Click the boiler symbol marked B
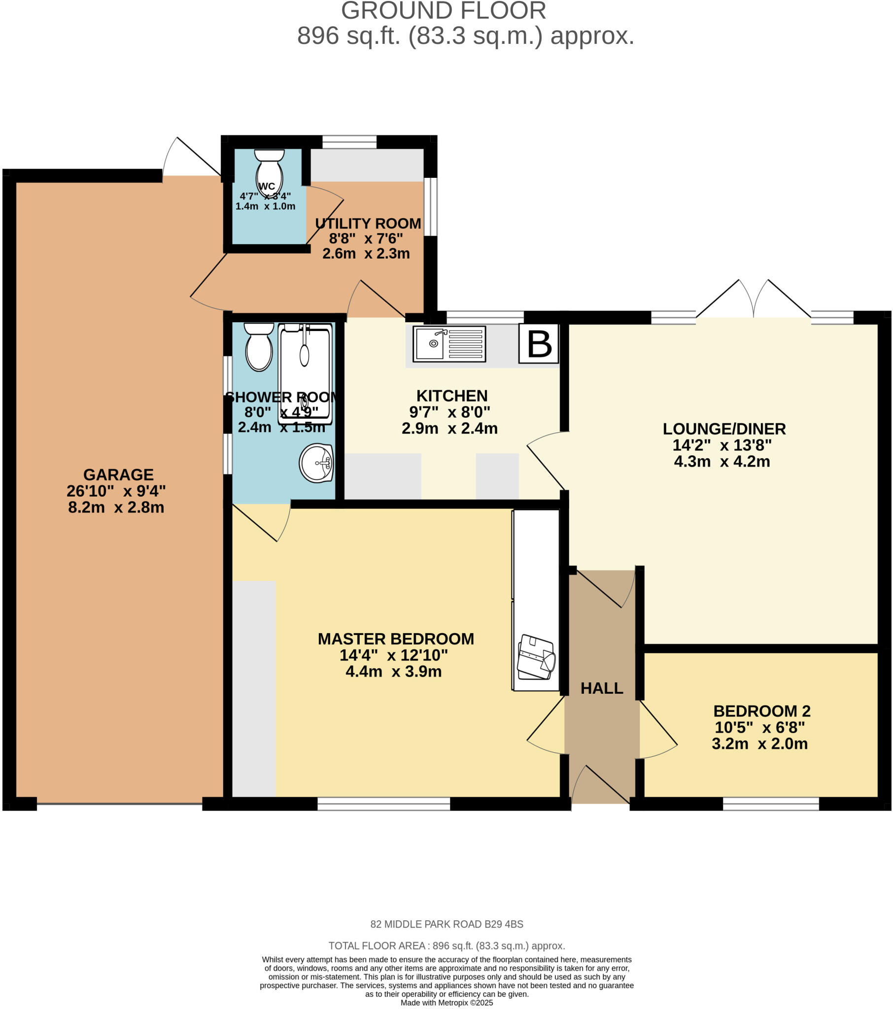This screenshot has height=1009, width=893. pyautogui.click(x=538, y=343)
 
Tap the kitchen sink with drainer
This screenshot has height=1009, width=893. pyautogui.click(x=449, y=343)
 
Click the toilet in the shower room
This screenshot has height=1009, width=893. pyautogui.click(x=259, y=346)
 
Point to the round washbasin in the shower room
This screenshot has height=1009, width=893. pyautogui.click(x=316, y=463)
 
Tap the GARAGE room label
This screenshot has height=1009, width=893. pyautogui.click(x=118, y=474)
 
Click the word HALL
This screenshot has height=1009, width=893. pyautogui.click(x=601, y=688)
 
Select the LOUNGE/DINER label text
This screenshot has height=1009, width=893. pyautogui.click(x=723, y=429)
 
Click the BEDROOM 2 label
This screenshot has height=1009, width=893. pyautogui.click(x=761, y=711)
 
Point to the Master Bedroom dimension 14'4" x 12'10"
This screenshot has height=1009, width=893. pyautogui.click(x=393, y=655)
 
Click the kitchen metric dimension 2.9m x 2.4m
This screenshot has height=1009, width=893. pyautogui.click(x=449, y=428)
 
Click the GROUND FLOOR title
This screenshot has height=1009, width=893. pyautogui.click(x=443, y=11)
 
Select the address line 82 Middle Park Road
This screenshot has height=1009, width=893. pyautogui.click(x=446, y=924)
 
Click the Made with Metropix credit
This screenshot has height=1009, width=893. pyautogui.click(x=446, y=1003)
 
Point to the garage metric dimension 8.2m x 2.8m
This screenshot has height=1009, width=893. pyautogui.click(x=116, y=507)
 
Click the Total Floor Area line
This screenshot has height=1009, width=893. pyautogui.click(x=446, y=946)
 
